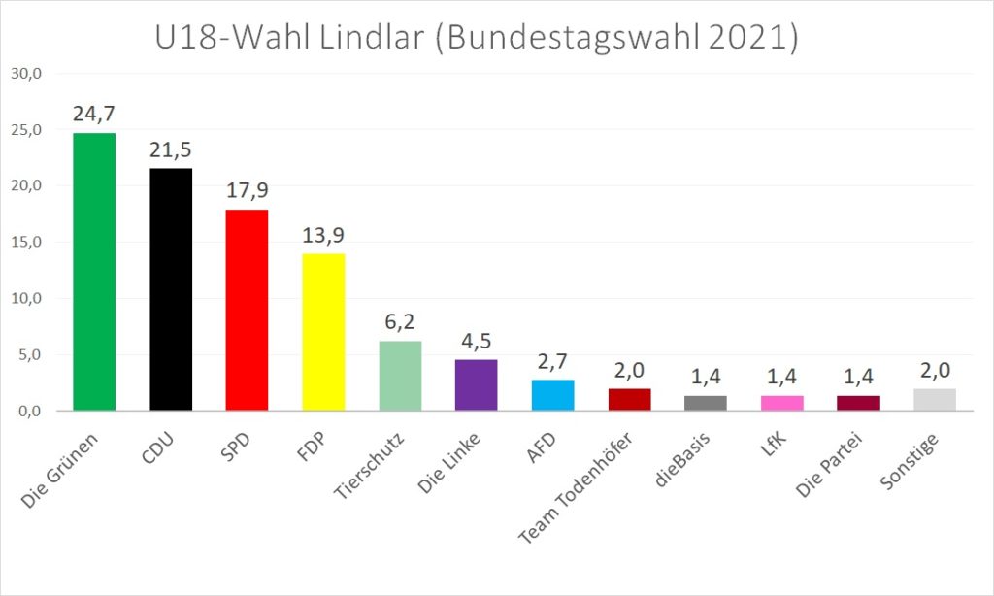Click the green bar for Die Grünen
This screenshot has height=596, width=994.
(94, 272)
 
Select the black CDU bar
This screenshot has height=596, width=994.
(171, 289)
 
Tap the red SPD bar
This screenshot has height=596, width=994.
(248, 310)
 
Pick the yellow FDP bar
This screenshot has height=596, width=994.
(324, 332)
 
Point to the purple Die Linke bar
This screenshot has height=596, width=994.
(477, 385)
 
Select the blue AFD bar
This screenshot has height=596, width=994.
(553, 395)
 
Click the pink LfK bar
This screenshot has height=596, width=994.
(782, 403)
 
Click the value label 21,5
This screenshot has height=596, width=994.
(171, 151)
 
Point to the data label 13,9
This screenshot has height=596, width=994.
(324, 236)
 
